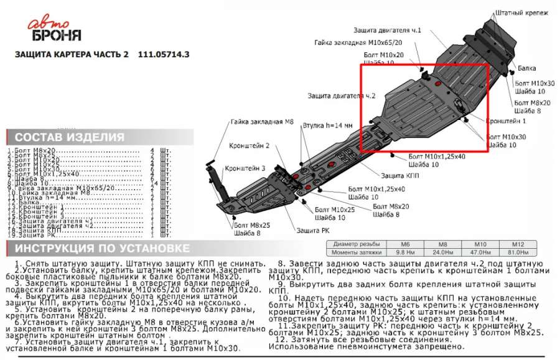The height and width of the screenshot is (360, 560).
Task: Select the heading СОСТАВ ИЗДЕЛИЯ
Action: click(69, 137)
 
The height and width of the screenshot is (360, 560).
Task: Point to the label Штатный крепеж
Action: click(522, 12)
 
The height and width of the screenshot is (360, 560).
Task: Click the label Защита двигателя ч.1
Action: click(388, 29)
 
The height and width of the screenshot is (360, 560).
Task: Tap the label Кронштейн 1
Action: click(506, 120)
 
